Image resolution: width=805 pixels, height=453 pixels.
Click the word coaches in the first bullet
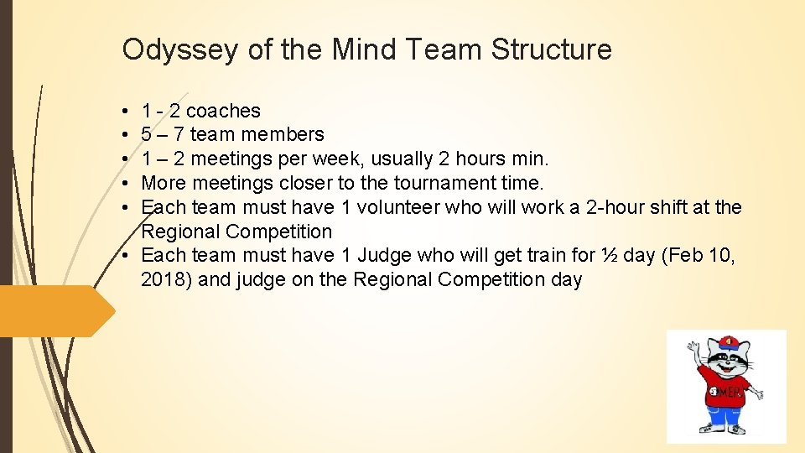point(223,111)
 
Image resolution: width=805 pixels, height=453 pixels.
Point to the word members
point(282,134)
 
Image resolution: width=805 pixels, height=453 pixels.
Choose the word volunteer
point(390,207)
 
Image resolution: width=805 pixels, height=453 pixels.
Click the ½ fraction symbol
point(609,255)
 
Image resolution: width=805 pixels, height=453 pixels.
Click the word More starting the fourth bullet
point(164,183)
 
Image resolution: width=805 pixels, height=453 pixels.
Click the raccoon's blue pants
point(725,416)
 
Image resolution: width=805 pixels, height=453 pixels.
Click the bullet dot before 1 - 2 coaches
point(123,111)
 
